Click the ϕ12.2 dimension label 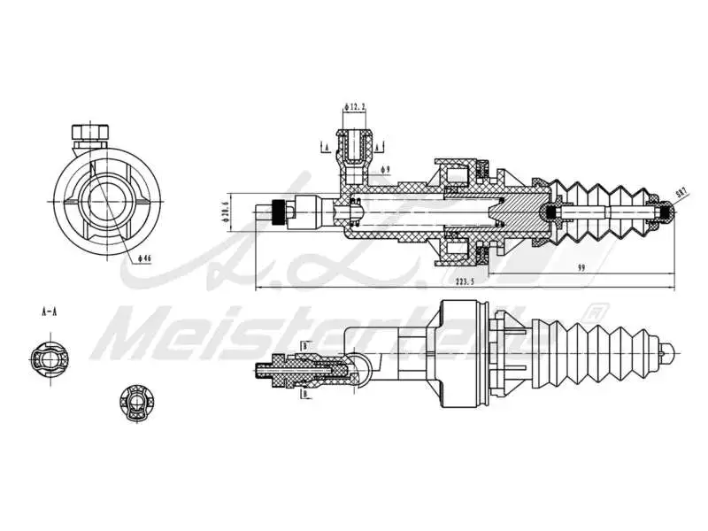[356, 107]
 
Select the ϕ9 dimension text [385, 168]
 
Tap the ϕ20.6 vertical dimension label [225, 212]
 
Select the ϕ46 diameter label [144, 258]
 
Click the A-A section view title [50, 312]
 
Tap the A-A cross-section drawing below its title [46, 358]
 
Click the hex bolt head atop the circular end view [89, 133]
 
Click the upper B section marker [304, 346]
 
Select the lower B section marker [304, 395]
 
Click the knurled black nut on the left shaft [280, 212]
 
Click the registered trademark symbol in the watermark [596, 312]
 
